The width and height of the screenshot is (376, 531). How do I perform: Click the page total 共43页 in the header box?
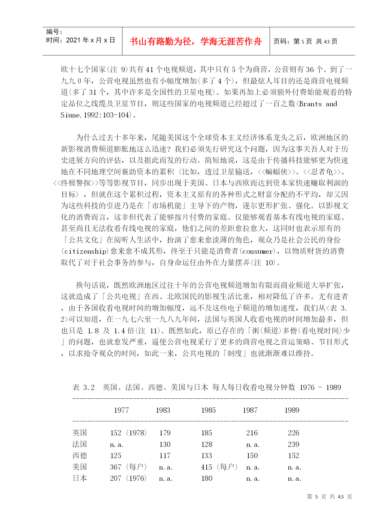[327, 41]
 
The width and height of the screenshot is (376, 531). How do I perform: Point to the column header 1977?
[121, 410]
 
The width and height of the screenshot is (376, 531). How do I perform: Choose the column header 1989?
[292, 410]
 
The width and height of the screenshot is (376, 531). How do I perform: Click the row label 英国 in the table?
[80, 433]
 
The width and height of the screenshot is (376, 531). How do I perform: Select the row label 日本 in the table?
[80, 478]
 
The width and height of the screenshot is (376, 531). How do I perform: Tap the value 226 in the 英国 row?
[293, 433]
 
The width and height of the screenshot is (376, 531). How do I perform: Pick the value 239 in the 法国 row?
[293, 444]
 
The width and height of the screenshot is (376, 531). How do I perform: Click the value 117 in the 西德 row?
[165, 456]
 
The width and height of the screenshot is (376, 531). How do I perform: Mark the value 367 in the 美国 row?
[115, 467]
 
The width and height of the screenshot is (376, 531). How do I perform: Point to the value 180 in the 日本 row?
[207, 478]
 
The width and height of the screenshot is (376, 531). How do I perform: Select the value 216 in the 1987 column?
[252, 433]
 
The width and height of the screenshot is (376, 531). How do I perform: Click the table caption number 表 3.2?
[84, 388]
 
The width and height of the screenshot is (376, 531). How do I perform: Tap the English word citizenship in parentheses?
[85, 252]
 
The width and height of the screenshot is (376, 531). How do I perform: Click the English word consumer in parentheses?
[257, 252]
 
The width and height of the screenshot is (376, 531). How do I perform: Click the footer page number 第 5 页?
[316, 497]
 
